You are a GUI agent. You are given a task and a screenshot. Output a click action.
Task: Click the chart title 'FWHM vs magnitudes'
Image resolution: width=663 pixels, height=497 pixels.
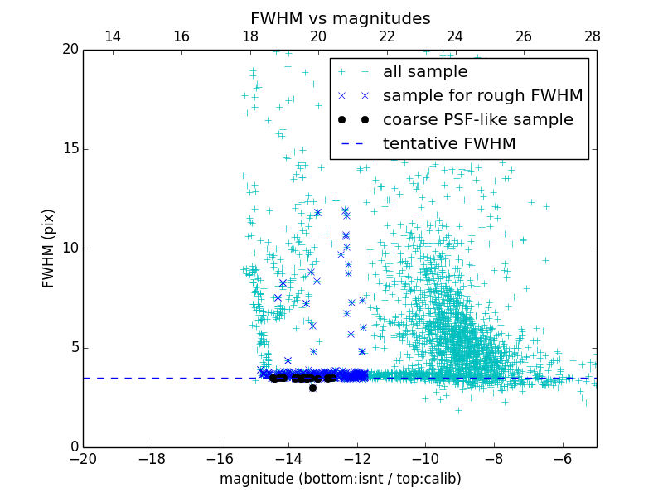click(x=340, y=18)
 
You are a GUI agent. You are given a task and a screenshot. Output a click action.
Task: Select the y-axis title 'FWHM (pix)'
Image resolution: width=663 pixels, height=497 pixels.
click(x=49, y=248)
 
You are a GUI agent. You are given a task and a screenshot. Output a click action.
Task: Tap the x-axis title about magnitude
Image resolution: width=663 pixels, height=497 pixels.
click(x=340, y=479)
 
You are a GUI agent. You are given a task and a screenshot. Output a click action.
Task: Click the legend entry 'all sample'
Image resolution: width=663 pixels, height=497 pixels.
click(x=424, y=72)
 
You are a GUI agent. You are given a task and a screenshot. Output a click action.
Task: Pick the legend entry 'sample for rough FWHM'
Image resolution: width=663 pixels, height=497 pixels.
click(x=482, y=96)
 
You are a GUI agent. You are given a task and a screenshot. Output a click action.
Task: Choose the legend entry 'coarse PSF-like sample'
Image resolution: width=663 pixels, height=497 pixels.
click(x=477, y=120)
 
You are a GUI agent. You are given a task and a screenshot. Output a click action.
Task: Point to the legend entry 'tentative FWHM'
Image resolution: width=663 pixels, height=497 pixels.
click(x=449, y=144)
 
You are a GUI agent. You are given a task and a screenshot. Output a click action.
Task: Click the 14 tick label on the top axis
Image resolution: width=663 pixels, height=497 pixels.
click(x=112, y=36)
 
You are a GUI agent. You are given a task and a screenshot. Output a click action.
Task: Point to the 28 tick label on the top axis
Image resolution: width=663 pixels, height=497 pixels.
click(x=592, y=36)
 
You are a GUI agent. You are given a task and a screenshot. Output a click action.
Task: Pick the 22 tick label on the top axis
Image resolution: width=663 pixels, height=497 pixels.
click(x=386, y=36)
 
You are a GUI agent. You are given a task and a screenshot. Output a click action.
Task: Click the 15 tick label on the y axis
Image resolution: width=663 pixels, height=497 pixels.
click(x=69, y=149)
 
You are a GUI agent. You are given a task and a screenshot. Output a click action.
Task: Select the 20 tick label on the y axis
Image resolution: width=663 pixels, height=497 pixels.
click(x=69, y=50)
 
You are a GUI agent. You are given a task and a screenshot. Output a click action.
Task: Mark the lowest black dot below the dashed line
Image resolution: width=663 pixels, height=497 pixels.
click(x=312, y=388)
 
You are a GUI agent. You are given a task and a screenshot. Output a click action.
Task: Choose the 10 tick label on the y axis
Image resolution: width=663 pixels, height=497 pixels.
click(x=69, y=248)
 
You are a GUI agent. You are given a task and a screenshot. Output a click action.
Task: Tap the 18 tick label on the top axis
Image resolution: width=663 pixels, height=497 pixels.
click(x=249, y=36)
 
